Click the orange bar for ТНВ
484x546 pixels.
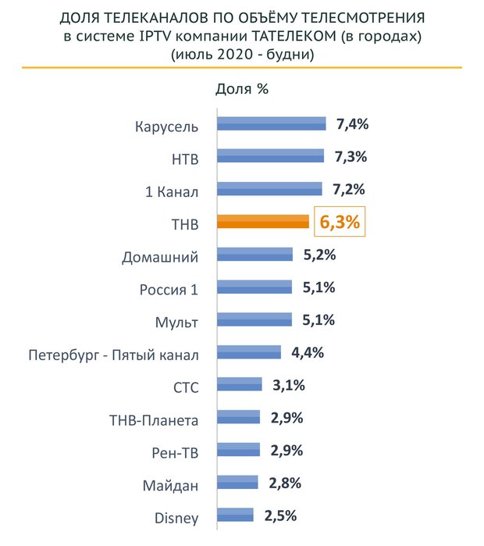click(263, 222)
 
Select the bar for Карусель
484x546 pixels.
click(271, 124)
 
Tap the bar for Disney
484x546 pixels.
click(234, 514)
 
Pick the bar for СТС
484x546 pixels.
click(240, 384)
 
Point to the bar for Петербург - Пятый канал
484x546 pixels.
click(249, 352)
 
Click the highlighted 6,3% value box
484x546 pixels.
click(340, 222)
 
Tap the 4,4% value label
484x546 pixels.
click(308, 352)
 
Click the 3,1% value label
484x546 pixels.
click(288, 385)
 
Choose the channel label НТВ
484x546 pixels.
click(184, 159)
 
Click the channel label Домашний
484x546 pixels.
click(161, 257)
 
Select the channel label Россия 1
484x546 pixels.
click(169, 290)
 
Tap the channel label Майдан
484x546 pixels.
click(171, 485)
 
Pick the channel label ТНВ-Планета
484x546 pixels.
click(154, 420)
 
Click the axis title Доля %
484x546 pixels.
click(242, 87)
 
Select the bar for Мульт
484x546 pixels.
click(254, 319)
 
